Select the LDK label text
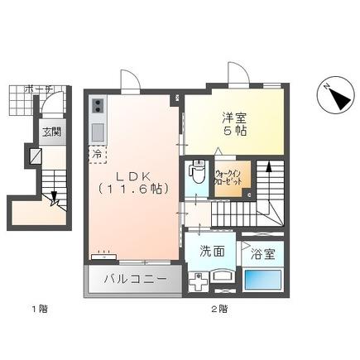[133, 176]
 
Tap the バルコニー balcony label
[132, 279]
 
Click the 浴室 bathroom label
[264, 252]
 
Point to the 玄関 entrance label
[51, 132]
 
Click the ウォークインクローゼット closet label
[228, 180]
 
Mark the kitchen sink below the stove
[97, 132]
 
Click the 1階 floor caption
[39, 310]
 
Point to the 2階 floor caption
[218, 310]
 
